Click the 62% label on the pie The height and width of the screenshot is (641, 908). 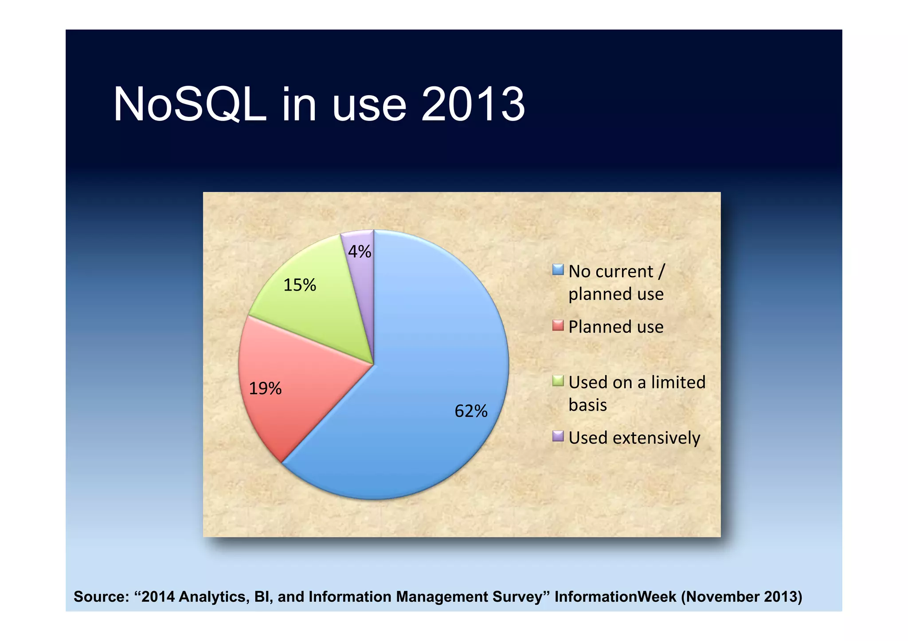coord(471,411)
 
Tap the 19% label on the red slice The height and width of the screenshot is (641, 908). coord(265,388)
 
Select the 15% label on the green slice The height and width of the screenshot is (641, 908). coord(300,285)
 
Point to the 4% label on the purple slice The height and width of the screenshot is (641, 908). coord(359,252)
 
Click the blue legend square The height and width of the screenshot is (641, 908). coord(558,270)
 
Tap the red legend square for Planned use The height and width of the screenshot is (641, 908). coord(558,326)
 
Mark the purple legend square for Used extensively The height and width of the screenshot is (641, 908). coord(558,436)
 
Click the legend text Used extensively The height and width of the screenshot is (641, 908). coord(634,438)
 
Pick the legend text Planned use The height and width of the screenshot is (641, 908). coord(616,327)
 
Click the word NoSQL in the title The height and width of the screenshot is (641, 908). coord(190,105)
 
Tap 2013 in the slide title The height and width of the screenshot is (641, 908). coord(473,105)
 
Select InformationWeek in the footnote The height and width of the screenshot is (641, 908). coord(615,597)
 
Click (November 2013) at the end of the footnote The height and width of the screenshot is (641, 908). coord(742,597)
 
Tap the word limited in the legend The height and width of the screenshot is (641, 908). coord(678,382)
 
